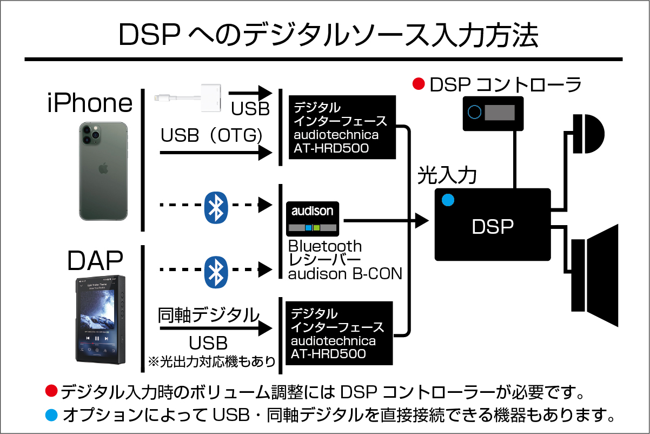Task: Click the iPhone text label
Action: pyautogui.click(x=90, y=102)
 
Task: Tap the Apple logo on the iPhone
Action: pyautogui.click(x=103, y=168)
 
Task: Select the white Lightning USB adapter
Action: pyautogui.click(x=188, y=98)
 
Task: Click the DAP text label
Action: pyautogui.click(x=95, y=260)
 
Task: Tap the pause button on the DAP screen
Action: pyautogui.click(x=97, y=338)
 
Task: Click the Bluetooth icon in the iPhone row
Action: pyautogui.click(x=216, y=207)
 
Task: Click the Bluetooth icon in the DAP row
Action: pyautogui.click(x=216, y=272)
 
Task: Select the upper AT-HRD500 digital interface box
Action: pyautogui.click(x=342, y=127)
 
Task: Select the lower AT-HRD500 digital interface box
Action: pyautogui.click(x=339, y=333)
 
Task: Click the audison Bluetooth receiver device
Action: pyautogui.click(x=313, y=219)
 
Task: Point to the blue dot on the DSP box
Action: pyautogui.click(x=448, y=200)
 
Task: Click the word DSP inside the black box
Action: pyautogui.click(x=493, y=226)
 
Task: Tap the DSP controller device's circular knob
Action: pyautogui.click(x=474, y=112)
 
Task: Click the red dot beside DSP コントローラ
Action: pyautogui.click(x=419, y=84)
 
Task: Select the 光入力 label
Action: pyautogui.click(x=447, y=175)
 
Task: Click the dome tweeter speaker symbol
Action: pyautogui.click(x=588, y=134)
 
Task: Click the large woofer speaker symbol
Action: pyautogui.click(x=595, y=275)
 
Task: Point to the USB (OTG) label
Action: pyautogui.click(x=211, y=135)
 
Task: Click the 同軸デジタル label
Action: pyautogui.click(x=208, y=315)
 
